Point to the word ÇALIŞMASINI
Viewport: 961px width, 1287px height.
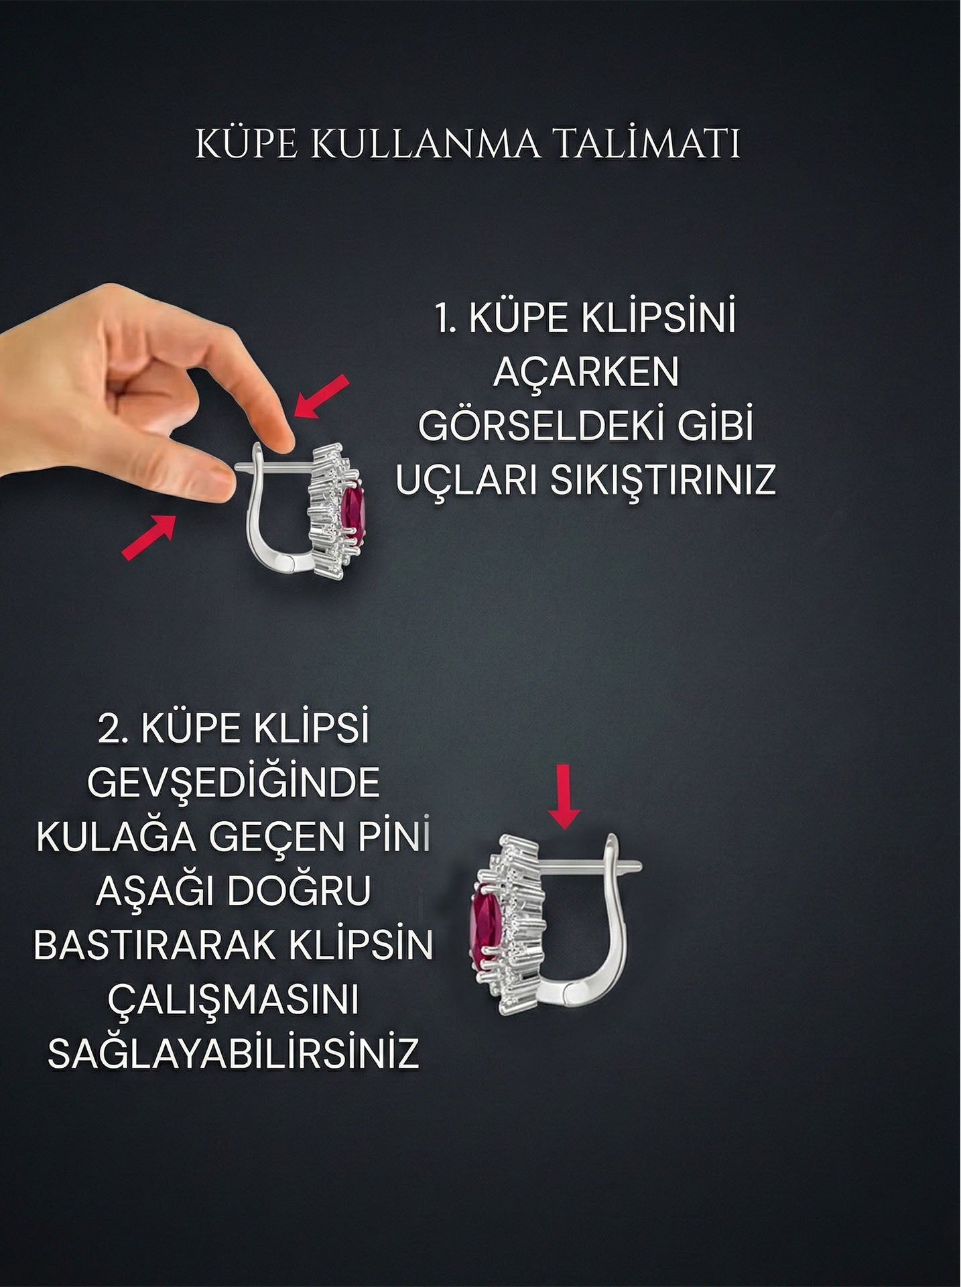(x=233, y=999)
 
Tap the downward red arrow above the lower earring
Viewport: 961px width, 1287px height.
(x=564, y=796)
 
